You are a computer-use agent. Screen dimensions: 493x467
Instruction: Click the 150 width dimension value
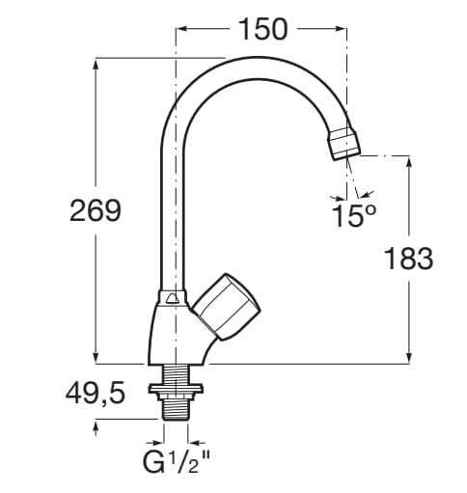click(261, 29)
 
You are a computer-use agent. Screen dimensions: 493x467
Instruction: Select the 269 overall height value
click(94, 210)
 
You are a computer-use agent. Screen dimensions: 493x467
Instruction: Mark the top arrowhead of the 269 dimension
click(95, 65)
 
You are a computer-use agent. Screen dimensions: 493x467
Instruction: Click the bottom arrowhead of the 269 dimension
click(95, 358)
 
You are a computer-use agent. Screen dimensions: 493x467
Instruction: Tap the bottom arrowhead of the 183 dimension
click(413, 358)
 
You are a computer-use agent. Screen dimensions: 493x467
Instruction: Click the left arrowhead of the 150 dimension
click(180, 29)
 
